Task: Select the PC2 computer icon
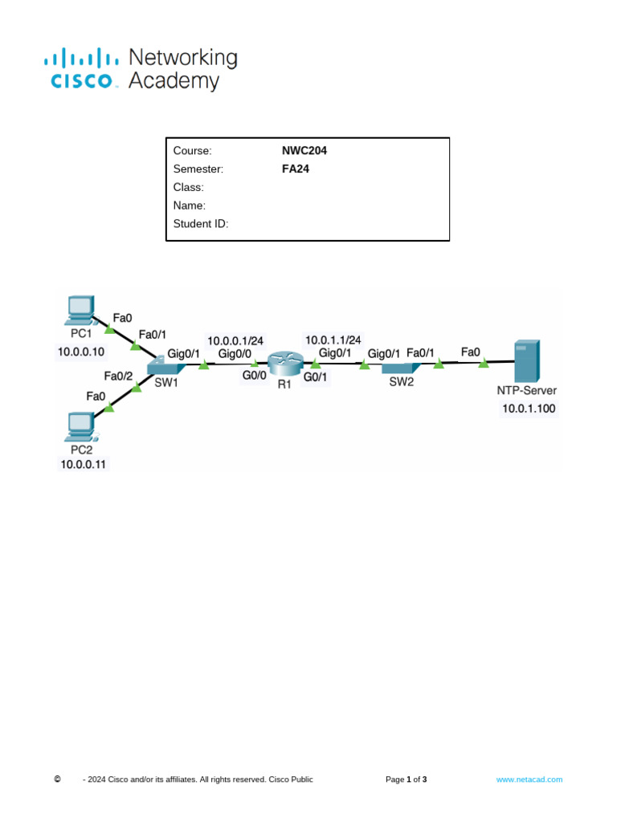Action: tap(81, 426)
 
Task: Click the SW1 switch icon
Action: tap(166, 366)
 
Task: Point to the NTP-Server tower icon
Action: tap(527, 361)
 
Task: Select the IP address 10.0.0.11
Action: tap(83, 464)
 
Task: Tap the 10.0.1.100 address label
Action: tap(529, 408)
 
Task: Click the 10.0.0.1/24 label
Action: tap(235, 340)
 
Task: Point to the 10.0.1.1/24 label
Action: tap(333, 340)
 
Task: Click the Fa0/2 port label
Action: tap(118, 375)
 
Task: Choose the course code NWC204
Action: tap(304, 150)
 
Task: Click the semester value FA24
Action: tap(296, 169)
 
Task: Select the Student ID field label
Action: tap(201, 224)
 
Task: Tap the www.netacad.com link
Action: tap(529, 779)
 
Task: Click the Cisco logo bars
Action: tap(80, 59)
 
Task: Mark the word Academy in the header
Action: tap(174, 81)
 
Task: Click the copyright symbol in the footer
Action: tap(57, 779)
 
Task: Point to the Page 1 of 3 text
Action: tap(407, 779)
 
